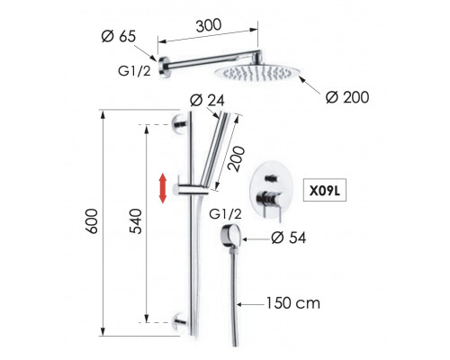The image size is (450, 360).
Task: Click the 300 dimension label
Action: (x=209, y=25)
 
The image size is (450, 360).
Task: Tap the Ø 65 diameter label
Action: (x=119, y=36)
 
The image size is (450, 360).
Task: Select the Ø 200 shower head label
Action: (x=347, y=97)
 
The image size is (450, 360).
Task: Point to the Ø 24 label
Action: (x=207, y=100)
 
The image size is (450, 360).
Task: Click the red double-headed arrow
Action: (x=163, y=188)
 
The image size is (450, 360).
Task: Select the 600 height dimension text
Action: (x=92, y=221)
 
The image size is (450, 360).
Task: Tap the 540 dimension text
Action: (x=135, y=221)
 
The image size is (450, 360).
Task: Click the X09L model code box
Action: (x=325, y=190)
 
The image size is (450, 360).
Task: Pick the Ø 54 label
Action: (x=289, y=238)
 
